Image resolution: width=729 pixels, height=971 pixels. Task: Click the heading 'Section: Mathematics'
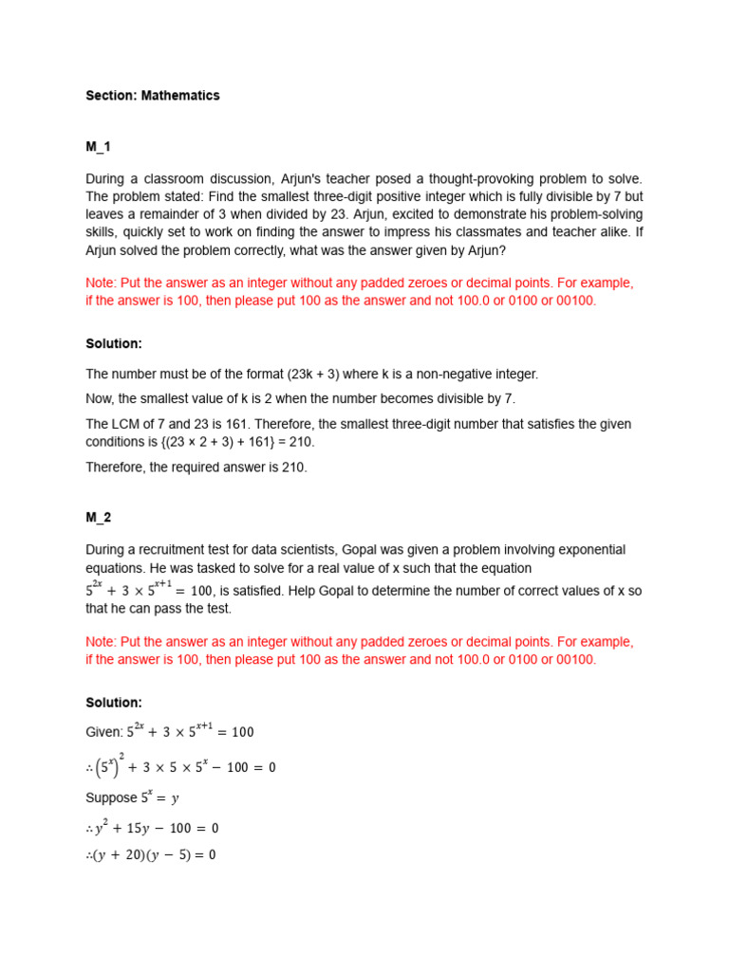pos(152,96)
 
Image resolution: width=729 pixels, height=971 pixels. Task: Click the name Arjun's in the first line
pos(308,179)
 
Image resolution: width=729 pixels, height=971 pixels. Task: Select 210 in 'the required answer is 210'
pos(293,467)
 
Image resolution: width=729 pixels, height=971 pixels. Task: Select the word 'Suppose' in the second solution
pos(112,797)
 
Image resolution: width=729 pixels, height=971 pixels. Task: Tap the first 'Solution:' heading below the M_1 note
pos(114,343)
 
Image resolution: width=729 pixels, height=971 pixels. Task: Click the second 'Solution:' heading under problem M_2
pos(114,703)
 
